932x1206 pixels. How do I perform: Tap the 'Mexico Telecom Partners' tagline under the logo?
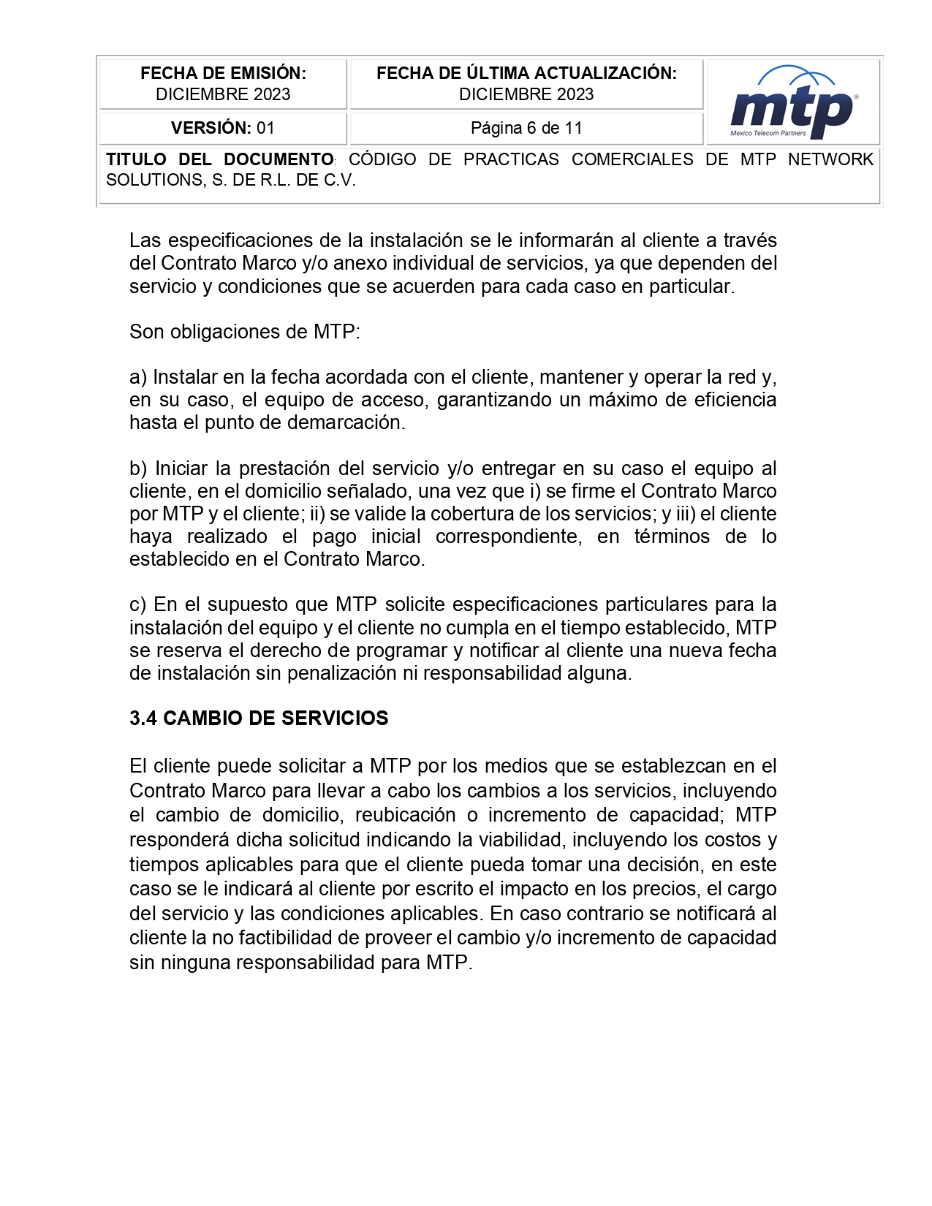coord(768,133)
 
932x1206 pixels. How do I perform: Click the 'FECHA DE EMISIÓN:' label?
coord(223,73)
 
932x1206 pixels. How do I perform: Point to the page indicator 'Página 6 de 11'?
coord(526,128)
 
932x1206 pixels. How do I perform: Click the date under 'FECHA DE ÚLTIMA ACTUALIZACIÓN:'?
coord(526,94)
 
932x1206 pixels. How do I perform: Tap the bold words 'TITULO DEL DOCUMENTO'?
coord(219,159)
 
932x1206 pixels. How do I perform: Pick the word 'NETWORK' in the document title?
coord(830,159)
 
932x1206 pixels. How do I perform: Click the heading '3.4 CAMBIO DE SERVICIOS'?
coord(259,718)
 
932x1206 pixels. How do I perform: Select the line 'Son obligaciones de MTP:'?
coord(245,332)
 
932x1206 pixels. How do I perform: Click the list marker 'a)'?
coord(138,377)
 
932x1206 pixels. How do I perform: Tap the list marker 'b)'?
coord(138,469)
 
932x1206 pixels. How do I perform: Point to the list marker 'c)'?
coord(137,604)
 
